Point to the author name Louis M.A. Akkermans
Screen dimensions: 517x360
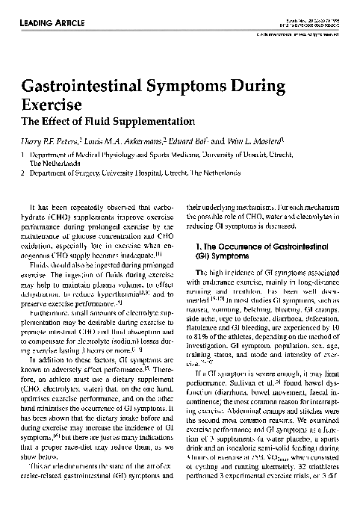pos(133,139)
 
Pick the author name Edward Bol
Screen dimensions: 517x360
pos(199,139)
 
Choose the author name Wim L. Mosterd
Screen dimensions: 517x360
pos(254,139)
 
